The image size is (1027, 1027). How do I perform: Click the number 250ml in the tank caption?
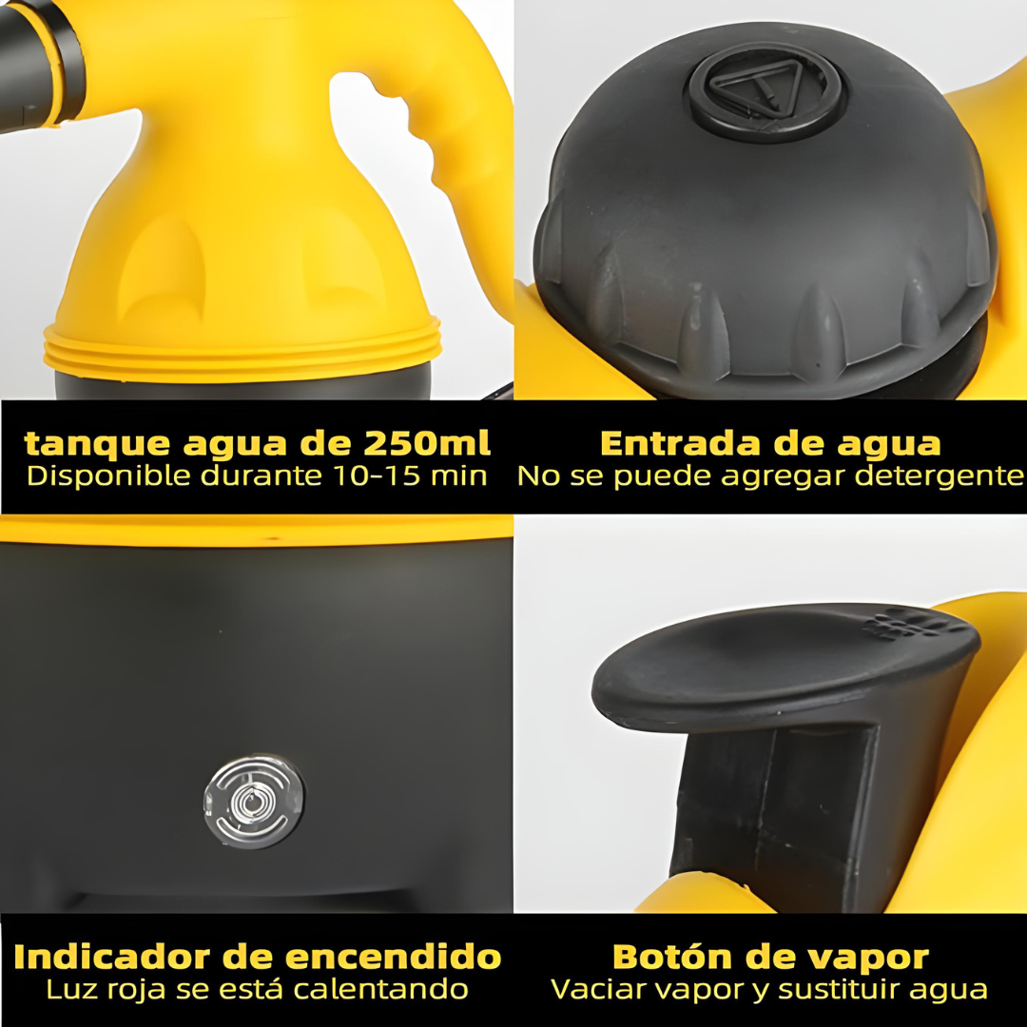[x=426, y=443]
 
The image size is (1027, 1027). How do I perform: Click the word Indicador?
[x=112, y=957]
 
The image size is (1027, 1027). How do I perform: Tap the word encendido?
[x=393, y=957]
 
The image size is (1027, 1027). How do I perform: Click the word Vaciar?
[x=595, y=989]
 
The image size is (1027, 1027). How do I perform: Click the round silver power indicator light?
[x=254, y=801]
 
